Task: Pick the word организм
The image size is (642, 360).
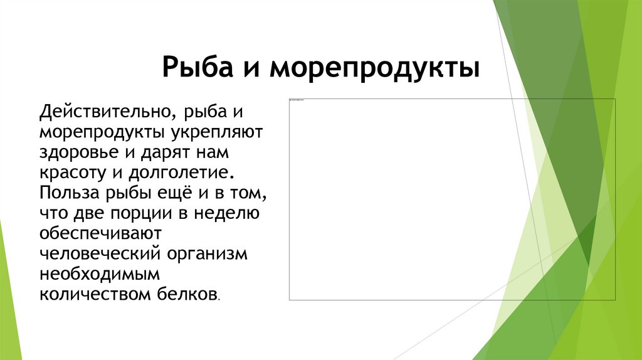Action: click(x=207, y=252)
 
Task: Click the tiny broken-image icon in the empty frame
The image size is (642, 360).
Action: click(x=292, y=100)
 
